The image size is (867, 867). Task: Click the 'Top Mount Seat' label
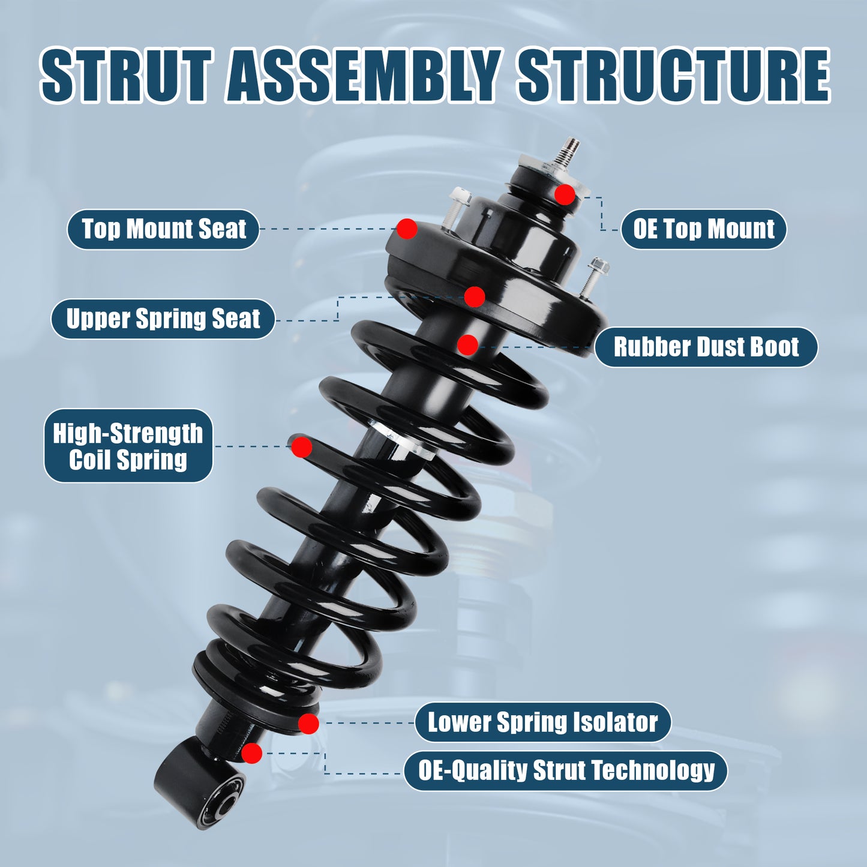coord(163,229)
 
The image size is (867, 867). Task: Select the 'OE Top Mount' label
coord(703,229)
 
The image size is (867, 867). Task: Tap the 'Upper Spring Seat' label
coord(163,319)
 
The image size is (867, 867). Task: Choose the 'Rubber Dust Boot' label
coord(706,347)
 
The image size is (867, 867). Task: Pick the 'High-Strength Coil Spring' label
coord(128,446)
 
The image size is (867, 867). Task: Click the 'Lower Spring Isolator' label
coord(542,722)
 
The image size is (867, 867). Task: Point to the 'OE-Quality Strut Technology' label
coord(566,770)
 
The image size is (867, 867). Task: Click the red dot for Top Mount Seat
coord(407,229)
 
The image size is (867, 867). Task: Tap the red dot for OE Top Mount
coord(565,194)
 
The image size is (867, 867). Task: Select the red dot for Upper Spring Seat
coord(475,296)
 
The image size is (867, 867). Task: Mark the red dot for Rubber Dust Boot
coord(467,344)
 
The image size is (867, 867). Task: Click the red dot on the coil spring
coord(301,447)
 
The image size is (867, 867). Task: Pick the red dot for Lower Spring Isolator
coord(308,724)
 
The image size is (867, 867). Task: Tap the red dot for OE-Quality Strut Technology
coord(252,753)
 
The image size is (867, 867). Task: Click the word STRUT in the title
coord(127,76)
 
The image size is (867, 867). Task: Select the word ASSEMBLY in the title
coord(364,76)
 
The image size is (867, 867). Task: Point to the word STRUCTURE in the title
coord(673,76)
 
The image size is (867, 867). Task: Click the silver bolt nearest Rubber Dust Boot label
coord(592,276)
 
